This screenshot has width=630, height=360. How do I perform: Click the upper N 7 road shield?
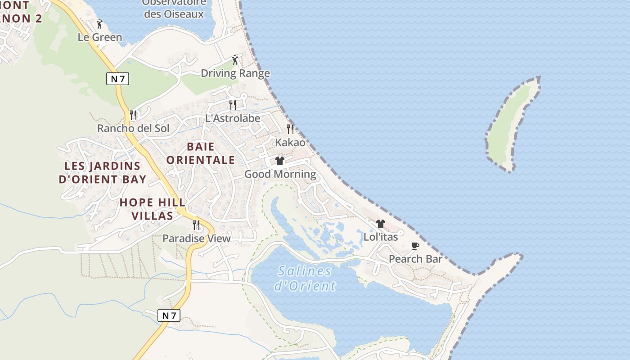[118, 79]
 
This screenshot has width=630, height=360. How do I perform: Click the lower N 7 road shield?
[169, 315]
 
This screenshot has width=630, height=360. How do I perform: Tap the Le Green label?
[100, 37]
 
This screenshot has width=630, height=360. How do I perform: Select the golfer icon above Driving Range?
[234, 60]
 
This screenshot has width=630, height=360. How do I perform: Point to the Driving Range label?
[235, 73]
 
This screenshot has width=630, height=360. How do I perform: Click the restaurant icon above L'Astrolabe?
[233, 105]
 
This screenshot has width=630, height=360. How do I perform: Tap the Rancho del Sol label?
[133, 128]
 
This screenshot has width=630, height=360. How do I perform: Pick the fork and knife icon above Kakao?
[290, 129]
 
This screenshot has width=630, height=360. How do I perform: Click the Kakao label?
[290, 143]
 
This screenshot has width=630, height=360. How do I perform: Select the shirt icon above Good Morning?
[280, 161]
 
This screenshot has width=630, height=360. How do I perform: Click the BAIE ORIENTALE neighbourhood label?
[201, 153]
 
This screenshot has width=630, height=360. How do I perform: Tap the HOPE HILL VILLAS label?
[153, 209]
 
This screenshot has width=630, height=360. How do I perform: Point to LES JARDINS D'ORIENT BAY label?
[103, 172]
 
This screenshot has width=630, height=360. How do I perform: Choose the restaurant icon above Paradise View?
[196, 225]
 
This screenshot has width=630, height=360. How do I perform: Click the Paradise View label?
[197, 238]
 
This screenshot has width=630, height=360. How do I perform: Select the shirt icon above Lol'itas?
[381, 224]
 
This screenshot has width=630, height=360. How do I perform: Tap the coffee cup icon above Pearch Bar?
[415, 246]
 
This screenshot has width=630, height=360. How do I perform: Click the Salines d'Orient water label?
[305, 278]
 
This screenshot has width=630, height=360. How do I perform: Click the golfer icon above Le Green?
[99, 24]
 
